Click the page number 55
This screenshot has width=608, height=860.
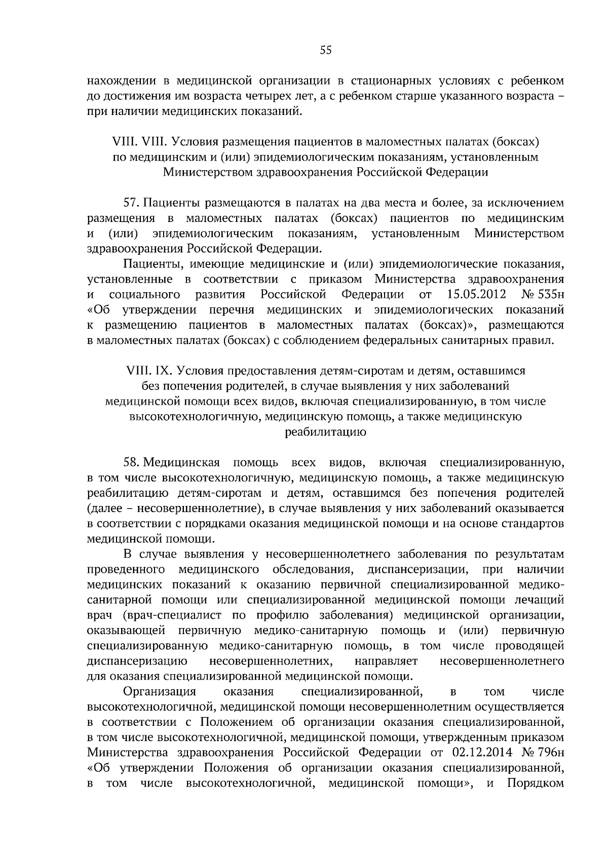(326, 50)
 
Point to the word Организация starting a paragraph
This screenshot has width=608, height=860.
(160, 692)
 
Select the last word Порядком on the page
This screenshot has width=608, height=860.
(535, 799)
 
